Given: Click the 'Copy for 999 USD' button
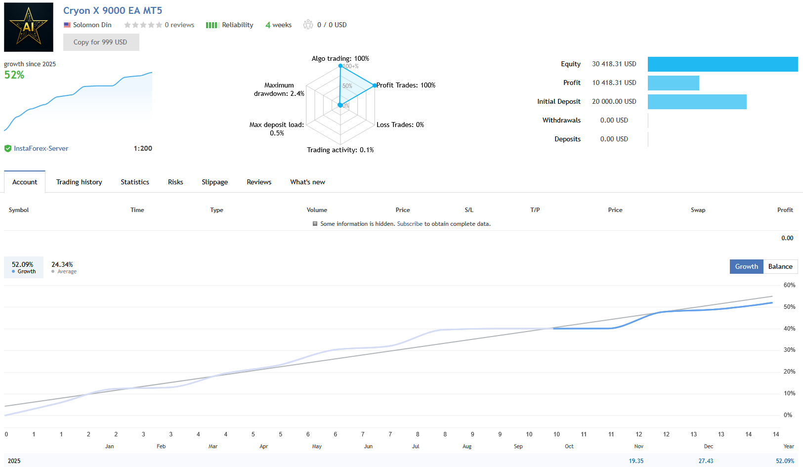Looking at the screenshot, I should (x=101, y=42).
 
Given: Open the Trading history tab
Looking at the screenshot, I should (x=79, y=182).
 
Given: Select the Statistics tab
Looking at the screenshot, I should (x=135, y=182).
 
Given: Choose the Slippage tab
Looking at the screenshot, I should (x=214, y=182).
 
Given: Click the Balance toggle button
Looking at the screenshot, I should (x=780, y=266).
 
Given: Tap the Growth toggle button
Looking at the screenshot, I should (x=746, y=266).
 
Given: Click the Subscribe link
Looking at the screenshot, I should (x=410, y=224).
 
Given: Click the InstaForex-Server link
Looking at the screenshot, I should (x=41, y=148).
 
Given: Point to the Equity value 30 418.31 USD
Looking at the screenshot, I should (x=614, y=64).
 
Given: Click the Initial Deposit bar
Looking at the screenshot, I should (x=697, y=101).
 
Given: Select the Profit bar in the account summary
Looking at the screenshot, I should (x=673, y=83).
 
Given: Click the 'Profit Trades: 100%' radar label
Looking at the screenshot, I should (x=406, y=85).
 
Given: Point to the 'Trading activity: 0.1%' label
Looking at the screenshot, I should (x=340, y=150).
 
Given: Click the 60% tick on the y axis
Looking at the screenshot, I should (x=789, y=285).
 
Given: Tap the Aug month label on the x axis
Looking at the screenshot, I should (x=466, y=446).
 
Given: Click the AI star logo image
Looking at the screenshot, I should (x=29, y=27).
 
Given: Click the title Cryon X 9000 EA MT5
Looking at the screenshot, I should (x=113, y=10).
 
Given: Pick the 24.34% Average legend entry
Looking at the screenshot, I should (x=63, y=267).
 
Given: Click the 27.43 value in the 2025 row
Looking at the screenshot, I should (x=705, y=461).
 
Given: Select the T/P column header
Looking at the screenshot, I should (x=535, y=210).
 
